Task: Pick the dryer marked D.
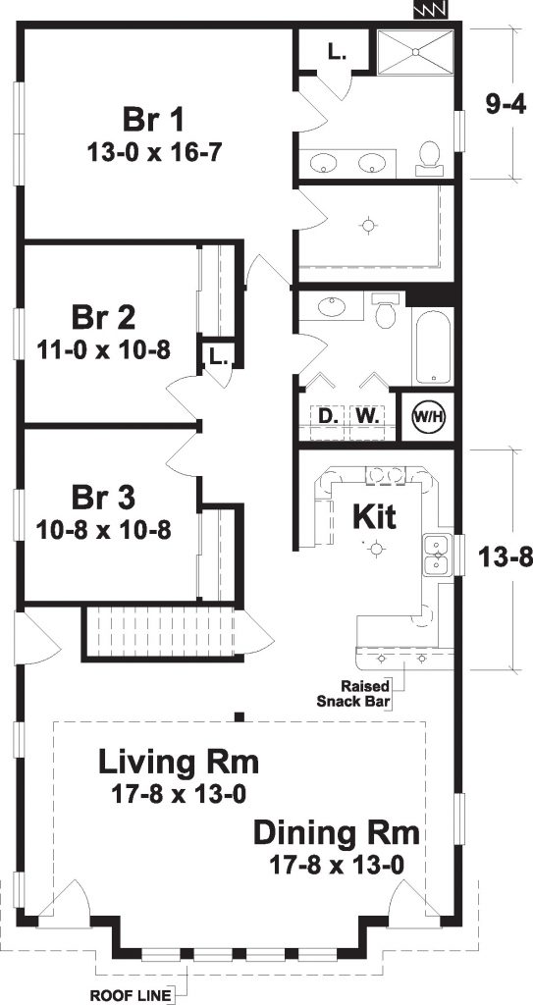tap(327, 415)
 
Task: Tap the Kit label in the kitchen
tap(373, 517)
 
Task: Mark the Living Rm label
tap(179, 762)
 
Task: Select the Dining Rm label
tap(337, 834)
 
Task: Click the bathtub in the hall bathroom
tap(431, 349)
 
